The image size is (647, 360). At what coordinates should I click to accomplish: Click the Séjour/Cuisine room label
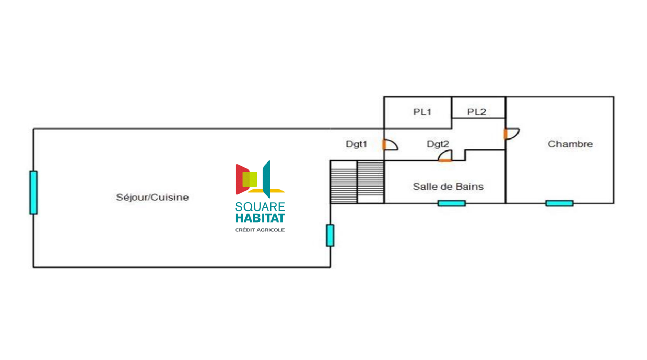coord(152,198)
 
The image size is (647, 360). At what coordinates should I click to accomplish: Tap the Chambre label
coord(570,144)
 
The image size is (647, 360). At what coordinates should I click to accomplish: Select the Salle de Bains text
coord(448,187)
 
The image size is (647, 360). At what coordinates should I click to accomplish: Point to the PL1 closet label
coord(422,112)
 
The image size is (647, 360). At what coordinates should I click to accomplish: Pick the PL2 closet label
coord(476,112)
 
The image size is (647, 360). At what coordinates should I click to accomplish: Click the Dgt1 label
coord(357,144)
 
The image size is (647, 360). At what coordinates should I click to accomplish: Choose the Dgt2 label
coord(438,144)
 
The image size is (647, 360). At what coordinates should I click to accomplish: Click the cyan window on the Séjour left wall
coord(33,192)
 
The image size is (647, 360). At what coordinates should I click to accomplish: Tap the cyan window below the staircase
coord(330,235)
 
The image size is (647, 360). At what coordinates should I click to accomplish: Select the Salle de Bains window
coord(451,203)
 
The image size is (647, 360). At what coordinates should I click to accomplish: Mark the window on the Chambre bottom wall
coord(559,203)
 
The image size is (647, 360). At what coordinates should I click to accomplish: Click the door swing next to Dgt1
coord(390,145)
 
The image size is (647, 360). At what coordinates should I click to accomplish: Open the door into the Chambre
coord(511,134)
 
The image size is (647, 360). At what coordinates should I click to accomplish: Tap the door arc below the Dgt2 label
coord(445,156)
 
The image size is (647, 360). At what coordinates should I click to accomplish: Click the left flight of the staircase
coord(344,182)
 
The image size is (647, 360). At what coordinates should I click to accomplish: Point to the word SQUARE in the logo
coord(260,207)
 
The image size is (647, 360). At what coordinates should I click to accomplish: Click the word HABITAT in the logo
coord(260,218)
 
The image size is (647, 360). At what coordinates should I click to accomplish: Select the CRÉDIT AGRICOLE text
coord(260,230)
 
